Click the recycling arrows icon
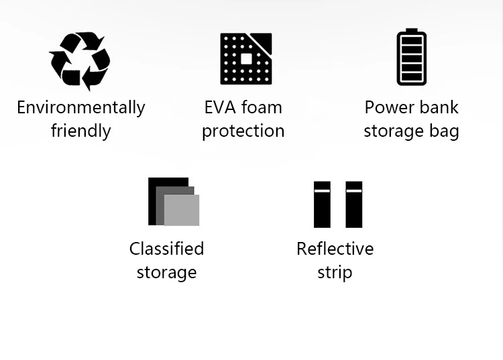[x=80, y=59]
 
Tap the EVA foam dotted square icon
[x=246, y=59]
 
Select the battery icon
[x=411, y=58]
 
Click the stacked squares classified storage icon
[x=173, y=201]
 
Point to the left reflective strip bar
[x=322, y=204]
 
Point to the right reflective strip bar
[x=354, y=204]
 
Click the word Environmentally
[x=80, y=108]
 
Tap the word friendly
[x=80, y=131]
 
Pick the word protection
[x=243, y=131]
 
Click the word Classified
[x=166, y=249]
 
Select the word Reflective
[x=335, y=249]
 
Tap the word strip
[x=335, y=273]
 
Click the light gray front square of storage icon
[x=182, y=211]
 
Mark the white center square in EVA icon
[x=246, y=59]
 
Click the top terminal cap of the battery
[x=411, y=32]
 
